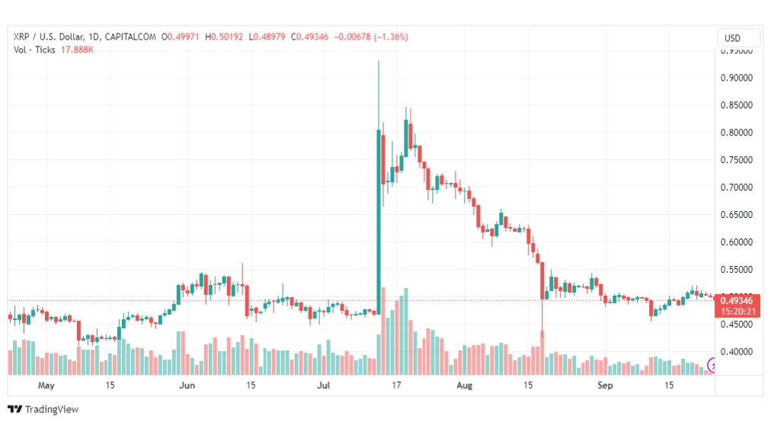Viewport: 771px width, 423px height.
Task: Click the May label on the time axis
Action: [47, 386]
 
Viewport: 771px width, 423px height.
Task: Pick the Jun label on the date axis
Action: [187, 386]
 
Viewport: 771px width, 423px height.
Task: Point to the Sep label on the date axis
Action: [606, 386]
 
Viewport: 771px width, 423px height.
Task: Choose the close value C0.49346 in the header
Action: [308, 37]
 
